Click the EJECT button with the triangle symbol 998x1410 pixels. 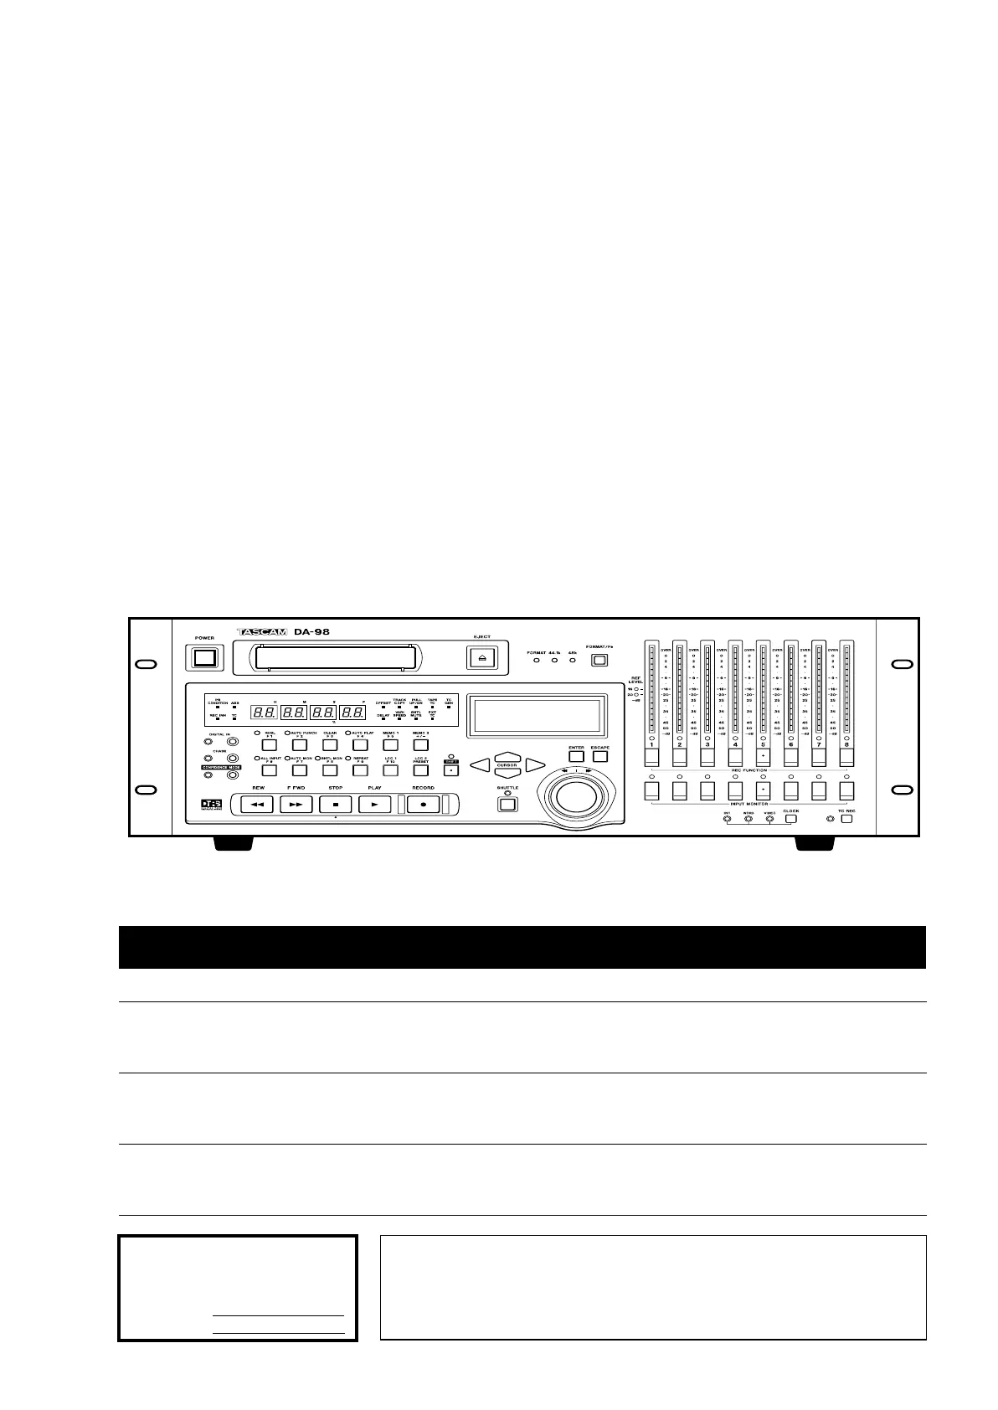click(x=481, y=658)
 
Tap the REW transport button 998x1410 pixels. click(x=258, y=804)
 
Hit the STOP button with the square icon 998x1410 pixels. click(x=336, y=804)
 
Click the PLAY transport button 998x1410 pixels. click(x=375, y=804)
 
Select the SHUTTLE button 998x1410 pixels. click(x=507, y=805)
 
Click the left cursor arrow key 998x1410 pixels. click(x=479, y=764)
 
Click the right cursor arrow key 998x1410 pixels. click(x=536, y=764)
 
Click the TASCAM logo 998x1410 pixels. click(x=262, y=632)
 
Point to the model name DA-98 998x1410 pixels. click(x=311, y=632)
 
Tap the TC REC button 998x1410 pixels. click(x=846, y=819)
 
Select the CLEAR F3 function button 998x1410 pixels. click(x=330, y=744)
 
